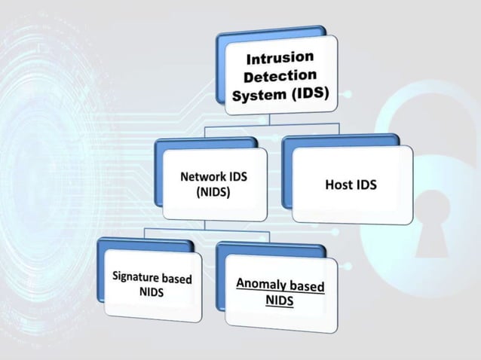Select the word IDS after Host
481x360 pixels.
pos(368,185)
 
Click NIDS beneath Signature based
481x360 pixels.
pos(152,292)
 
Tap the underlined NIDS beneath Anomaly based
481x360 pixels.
pos(279,301)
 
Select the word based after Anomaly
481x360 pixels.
pos(308,287)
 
